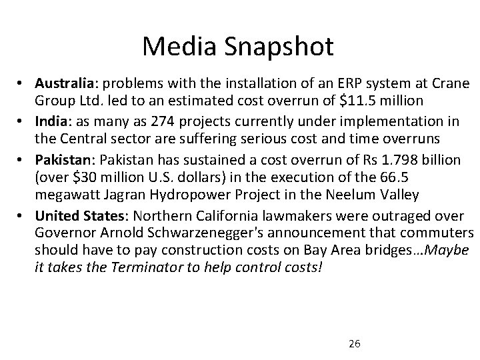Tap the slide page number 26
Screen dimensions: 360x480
tap(355, 343)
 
